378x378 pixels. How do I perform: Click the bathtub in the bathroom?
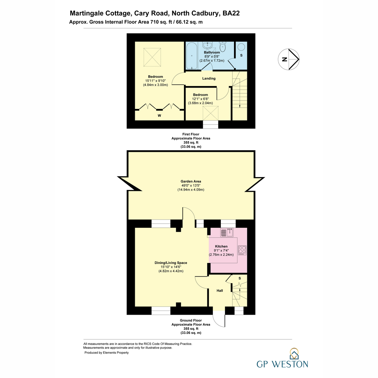coord(192,55)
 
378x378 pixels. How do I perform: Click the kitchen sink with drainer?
coord(227,232)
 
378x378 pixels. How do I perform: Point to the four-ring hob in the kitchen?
coord(242,250)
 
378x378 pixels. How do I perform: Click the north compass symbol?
coord(289,59)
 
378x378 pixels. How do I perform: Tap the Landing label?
coord(209,78)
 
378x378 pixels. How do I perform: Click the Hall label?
coord(220,291)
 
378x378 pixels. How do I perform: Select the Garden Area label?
coord(191,181)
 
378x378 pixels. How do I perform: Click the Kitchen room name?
coord(221,246)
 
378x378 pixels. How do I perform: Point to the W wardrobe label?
coord(159,116)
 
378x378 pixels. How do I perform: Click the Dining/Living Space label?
coord(171,263)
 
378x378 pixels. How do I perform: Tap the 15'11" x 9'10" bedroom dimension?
coord(156,81)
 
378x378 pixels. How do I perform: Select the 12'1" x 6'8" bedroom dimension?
coord(200,99)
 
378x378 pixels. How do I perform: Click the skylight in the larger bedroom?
coord(152,57)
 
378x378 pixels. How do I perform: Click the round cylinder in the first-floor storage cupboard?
coord(241,47)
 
